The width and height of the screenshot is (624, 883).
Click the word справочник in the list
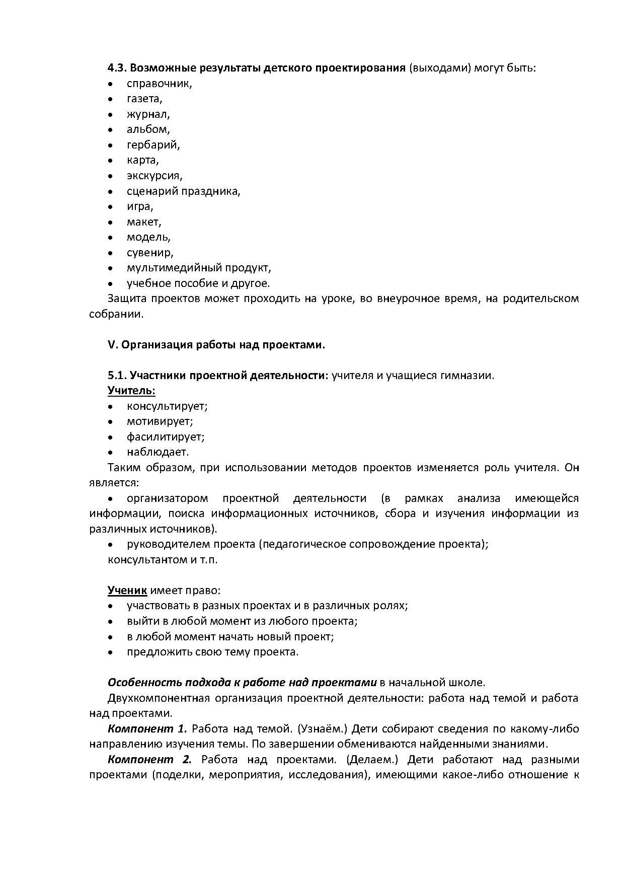(159, 84)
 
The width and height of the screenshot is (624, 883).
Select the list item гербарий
(152, 145)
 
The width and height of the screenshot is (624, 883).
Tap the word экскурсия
(154, 176)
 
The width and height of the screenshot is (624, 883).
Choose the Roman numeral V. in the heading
(112, 345)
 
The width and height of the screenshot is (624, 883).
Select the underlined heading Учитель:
(131, 391)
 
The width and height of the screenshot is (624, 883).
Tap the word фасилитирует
(165, 437)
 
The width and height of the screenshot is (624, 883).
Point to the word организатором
(167, 498)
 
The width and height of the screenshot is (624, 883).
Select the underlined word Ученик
(127, 591)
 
